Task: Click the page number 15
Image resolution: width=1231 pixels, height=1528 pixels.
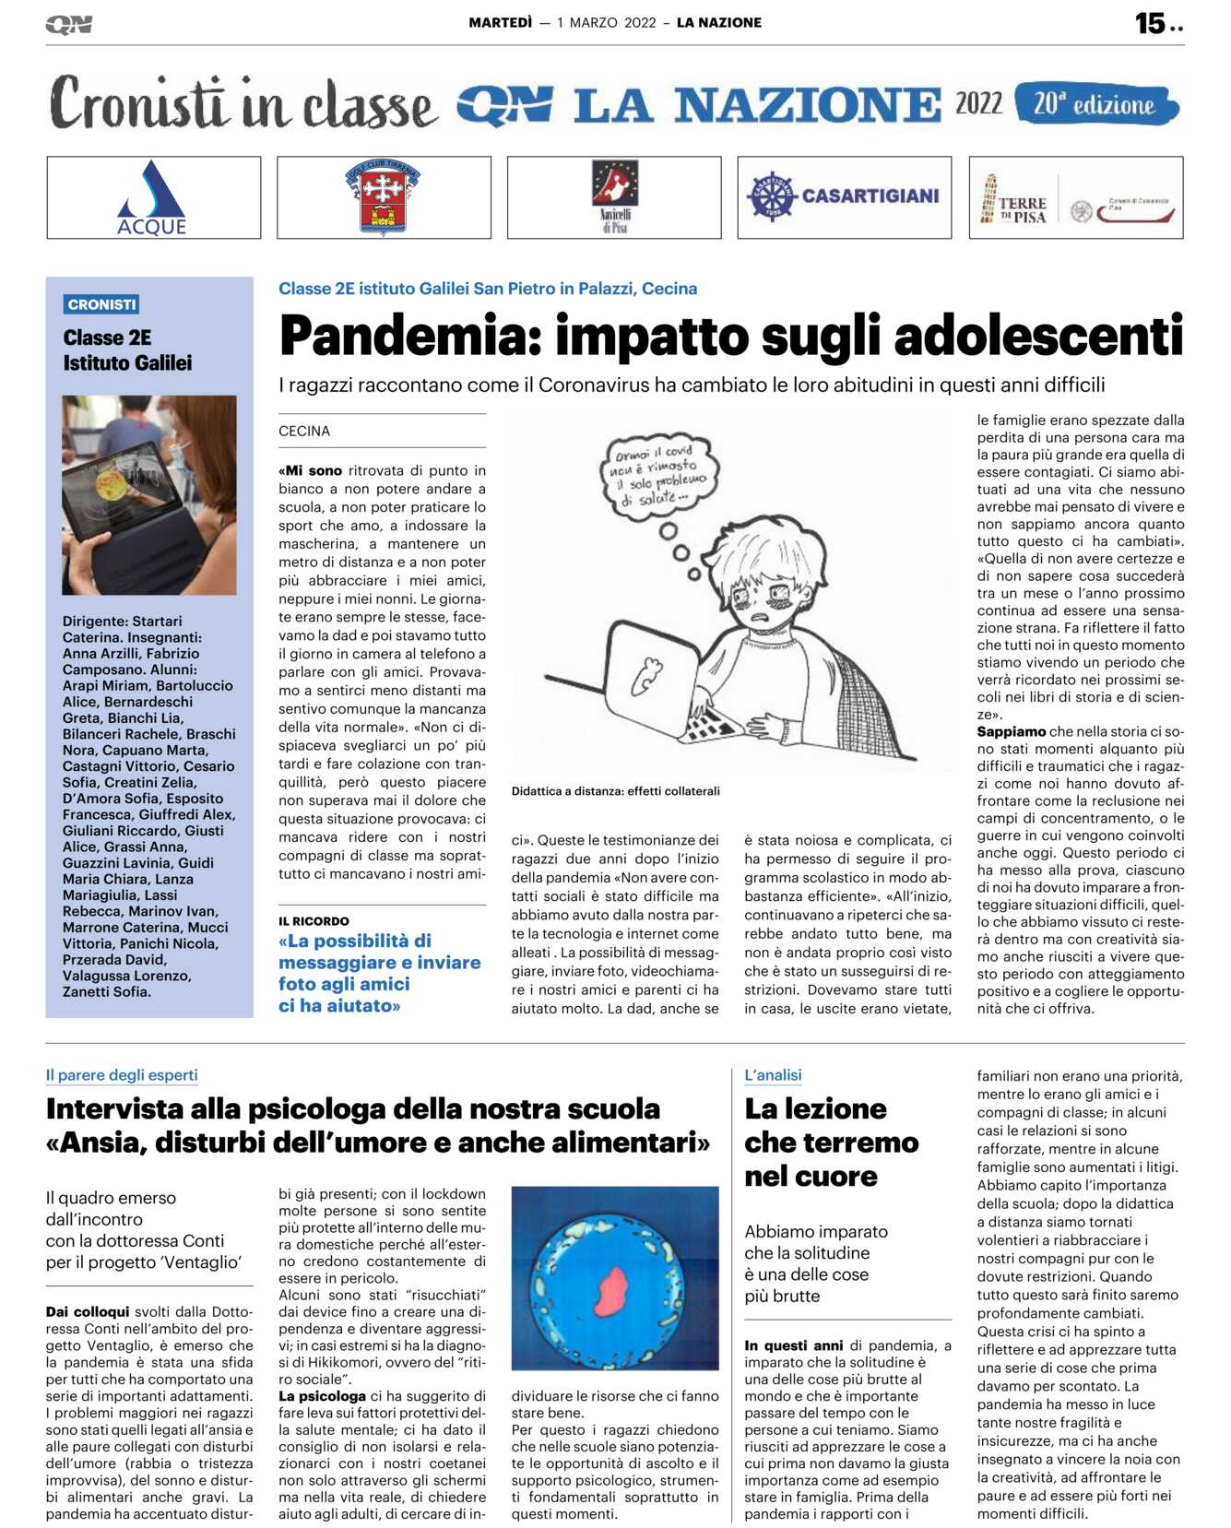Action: tap(1150, 23)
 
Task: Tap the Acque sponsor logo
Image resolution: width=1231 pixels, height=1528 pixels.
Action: tap(153, 198)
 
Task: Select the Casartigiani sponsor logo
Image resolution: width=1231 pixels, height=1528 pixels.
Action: tap(844, 196)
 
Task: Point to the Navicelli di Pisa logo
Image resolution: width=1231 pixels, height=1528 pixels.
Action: tap(614, 196)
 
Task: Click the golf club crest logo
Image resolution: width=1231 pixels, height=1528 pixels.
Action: tap(384, 196)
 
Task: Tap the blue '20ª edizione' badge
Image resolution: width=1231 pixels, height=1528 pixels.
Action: tap(1095, 104)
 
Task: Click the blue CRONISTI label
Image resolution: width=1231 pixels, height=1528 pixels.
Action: tap(101, 304)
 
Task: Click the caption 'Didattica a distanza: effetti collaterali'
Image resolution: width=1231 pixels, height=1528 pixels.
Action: tap(615, 791)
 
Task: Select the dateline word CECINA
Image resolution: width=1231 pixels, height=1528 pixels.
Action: tap(304, 431)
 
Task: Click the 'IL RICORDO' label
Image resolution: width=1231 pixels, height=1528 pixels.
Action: tap(314, 921)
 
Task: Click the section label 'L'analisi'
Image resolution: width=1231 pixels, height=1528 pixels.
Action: tap(773, 1075)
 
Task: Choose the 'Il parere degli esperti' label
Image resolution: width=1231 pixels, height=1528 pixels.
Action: tap(122, 1075)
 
